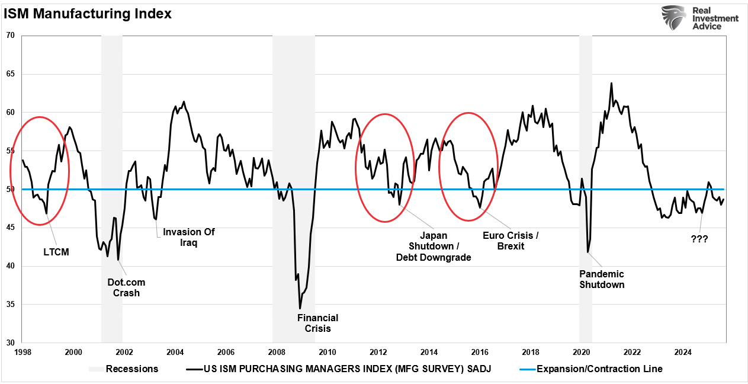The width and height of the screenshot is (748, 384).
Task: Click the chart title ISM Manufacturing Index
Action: [x=88, y=14]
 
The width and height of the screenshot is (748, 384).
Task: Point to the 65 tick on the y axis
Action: [x=10, y=74]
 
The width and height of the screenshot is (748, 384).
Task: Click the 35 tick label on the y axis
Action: [x=10, y=305]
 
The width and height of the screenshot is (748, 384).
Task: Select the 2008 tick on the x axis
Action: [x=277, y=351]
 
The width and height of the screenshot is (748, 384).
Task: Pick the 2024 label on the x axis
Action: [x=683, y=351]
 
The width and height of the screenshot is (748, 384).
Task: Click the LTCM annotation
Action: [x=56, y=252]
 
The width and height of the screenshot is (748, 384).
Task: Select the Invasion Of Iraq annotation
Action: [x=188, y=237]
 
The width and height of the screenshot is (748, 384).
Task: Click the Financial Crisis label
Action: [x=317, y=323]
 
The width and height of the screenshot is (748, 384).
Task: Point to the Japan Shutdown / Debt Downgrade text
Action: [x=433, y=246]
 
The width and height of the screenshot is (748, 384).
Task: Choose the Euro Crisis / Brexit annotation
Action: [x=511, y=241]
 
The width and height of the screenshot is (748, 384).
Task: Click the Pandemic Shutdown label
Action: [x=602, y=279]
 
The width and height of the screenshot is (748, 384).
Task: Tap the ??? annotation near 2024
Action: [x=699, y=239]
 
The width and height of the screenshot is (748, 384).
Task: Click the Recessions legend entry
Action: [x=131, y=369]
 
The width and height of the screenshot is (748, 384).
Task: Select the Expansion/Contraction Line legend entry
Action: [x=599, y=369]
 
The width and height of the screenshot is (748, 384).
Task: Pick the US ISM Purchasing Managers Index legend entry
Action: [x=347, y=369]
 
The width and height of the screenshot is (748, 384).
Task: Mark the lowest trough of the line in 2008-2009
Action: [x=300, y=308]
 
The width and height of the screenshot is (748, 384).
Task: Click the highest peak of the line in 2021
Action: [x=611, y=83]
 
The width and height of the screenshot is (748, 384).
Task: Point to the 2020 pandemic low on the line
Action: [x=588, y=252]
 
